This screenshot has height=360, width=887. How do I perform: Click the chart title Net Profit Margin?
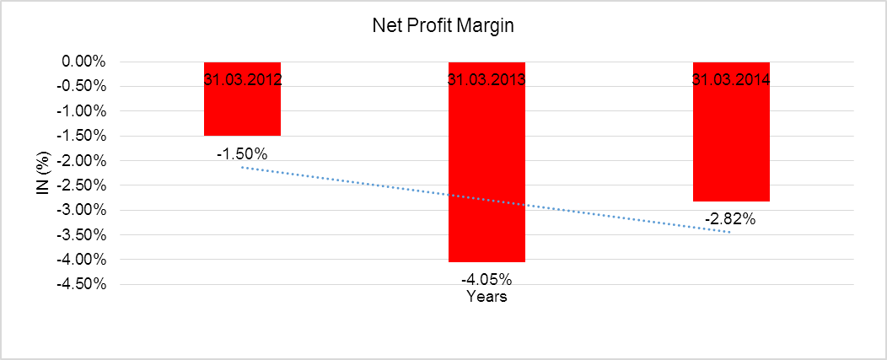click(x=443, y=26)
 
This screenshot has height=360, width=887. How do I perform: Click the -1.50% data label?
click(x=241, y=154)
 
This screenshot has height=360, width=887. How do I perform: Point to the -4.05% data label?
click(x=486, y=279)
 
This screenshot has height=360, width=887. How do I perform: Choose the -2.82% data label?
click(x=730, y=219)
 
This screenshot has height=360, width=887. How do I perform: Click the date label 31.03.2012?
click(x=242, y=81)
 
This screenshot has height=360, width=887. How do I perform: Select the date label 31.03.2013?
click(x=487, y=81)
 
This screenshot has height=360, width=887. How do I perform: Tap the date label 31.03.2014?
click(x=731, y=81)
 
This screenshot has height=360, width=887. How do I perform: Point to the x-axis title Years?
click(x=487, y=297)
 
